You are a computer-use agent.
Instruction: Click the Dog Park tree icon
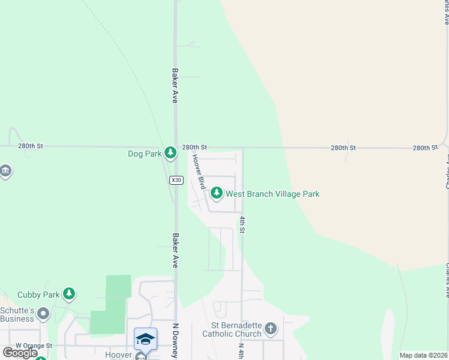point(170,153)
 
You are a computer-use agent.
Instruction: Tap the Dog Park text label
point(145,154)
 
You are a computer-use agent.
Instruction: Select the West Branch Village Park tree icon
point(216,193)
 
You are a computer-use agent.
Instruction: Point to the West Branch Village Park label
point(272,194)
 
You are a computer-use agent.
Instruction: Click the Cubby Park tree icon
point(70,293)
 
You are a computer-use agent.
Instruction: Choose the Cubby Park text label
point(38,295)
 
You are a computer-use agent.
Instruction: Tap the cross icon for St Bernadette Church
point(271,328)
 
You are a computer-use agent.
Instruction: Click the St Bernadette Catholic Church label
point(232,329)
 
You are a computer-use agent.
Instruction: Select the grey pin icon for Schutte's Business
point(43,313)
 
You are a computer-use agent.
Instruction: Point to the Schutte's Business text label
point(17,314)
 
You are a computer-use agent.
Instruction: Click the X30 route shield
point(176,180)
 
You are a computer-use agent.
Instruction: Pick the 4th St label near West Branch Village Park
point(243,225)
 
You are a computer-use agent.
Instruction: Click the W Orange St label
point(34,346)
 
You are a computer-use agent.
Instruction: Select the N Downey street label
point(176,341)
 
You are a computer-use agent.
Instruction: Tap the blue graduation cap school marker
point(145,340)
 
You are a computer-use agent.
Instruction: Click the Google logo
point(20,353)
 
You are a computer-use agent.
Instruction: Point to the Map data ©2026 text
point(423,355)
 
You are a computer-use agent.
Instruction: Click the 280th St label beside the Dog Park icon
point(194,147)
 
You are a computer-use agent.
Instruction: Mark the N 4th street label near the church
point(241,350)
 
